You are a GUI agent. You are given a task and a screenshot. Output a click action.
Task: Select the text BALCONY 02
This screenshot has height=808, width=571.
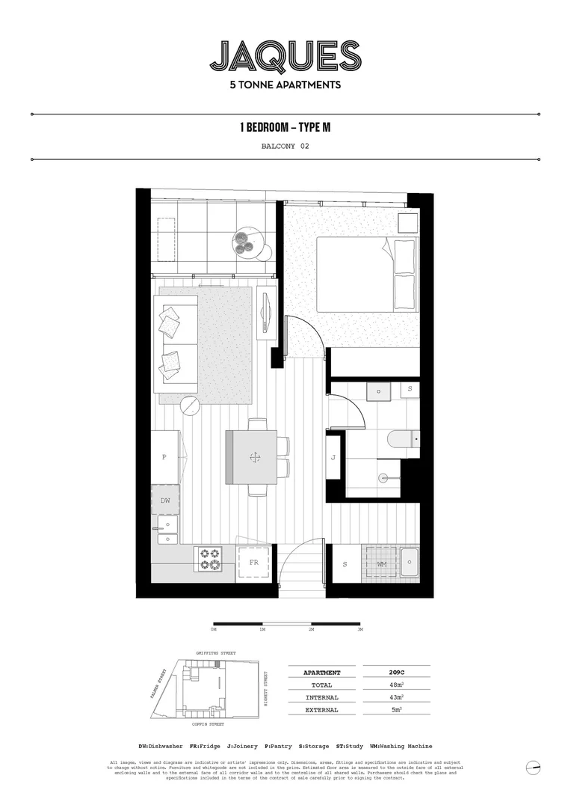tap(285, 147)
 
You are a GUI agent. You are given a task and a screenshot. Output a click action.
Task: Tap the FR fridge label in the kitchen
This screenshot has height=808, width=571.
tap(253, 563)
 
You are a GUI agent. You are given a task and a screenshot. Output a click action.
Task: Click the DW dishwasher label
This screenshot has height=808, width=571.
tap(164, 501)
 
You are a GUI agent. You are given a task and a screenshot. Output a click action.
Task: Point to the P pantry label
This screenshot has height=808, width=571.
tap(164, 456)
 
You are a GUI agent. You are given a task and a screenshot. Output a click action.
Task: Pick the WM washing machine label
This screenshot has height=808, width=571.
tap(381, 563)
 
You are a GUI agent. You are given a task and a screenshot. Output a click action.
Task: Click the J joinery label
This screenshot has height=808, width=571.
tap(334, 458)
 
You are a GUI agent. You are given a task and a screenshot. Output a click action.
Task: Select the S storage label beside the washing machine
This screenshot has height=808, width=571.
tap(344, 563)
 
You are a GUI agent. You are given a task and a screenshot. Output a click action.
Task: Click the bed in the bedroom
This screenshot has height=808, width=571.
tap(366, 274)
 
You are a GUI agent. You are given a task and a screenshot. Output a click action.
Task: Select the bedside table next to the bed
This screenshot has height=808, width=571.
tap(407, 224)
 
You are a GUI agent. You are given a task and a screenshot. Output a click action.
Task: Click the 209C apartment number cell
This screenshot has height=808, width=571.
tap(396, 673)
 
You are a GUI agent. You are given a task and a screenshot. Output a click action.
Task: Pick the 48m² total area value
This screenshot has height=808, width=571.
tap(396, 685)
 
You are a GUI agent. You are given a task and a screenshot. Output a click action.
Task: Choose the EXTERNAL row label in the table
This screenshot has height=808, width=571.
tap(321, 710)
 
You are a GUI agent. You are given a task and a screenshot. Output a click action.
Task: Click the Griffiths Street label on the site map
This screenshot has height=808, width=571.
tap(215, 653)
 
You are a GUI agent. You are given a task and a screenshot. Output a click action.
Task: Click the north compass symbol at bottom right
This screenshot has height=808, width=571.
tap(533, 768)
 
